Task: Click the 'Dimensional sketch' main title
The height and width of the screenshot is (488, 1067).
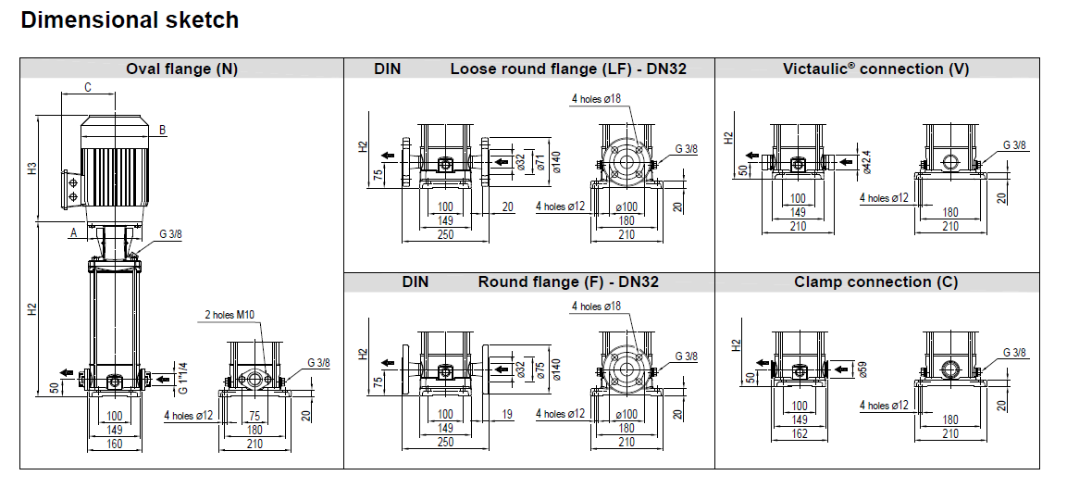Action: pos(130,20)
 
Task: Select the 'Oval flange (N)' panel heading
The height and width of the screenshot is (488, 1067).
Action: pos(182,69)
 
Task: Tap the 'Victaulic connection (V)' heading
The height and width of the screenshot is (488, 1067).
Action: pos(876,69)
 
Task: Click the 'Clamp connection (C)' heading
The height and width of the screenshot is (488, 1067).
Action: pos(876,282)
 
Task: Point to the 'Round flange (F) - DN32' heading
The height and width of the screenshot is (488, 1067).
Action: pos(568,282)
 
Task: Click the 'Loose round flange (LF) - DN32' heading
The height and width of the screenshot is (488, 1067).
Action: pos(568,69)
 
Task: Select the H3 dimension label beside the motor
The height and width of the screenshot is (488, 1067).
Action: pos(31,169)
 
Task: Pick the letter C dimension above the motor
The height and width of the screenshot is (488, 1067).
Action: pos(87,88)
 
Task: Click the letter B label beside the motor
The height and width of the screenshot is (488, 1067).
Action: pos(162,130)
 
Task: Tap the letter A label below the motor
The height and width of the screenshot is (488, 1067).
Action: pos(72,234)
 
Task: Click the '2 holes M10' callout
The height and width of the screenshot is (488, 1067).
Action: pos(230,315)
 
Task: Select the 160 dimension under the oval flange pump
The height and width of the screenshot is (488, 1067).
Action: pos(114,444)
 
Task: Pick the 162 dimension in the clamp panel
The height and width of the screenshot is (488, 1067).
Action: pos(799,433)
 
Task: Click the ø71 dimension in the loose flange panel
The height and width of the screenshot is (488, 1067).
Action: pos(540,162)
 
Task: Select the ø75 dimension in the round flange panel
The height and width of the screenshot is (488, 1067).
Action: pos(540,369)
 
